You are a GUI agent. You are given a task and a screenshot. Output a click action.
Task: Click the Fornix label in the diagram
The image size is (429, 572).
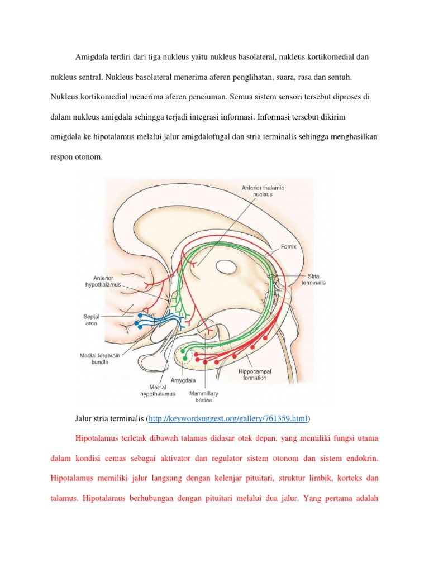(289, 246)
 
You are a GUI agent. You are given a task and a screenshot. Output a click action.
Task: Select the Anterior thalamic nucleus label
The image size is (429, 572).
(263, 191)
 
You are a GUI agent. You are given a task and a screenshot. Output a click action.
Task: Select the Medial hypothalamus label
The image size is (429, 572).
(158, 390)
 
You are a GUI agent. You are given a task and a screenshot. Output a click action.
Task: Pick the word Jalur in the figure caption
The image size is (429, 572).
(85, 418)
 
